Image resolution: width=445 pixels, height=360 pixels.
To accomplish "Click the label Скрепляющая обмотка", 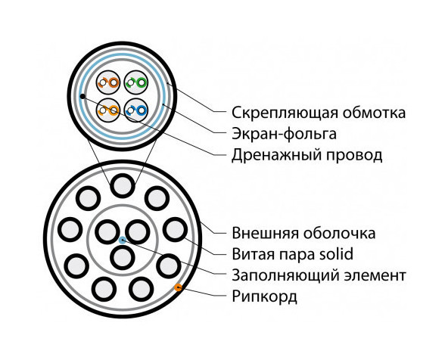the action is tap(319, 113).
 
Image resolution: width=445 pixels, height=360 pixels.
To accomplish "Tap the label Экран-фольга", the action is tap(284, 134).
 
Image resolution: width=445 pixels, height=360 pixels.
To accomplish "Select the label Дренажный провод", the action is tap(307, 155).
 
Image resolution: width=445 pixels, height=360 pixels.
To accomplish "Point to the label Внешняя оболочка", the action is tap(303, 233).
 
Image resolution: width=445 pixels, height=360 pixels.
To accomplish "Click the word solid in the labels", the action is tap(336, 253).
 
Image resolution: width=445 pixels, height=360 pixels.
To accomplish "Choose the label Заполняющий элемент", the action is tap(319, 275).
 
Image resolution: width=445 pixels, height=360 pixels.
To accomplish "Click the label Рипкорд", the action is tap(265, 296).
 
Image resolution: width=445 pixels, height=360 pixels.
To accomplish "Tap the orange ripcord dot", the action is tap(179, 287).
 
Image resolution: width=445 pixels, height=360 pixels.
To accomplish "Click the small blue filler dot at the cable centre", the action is tap(123, 240).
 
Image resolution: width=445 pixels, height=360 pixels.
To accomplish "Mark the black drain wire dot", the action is tap(82, 97).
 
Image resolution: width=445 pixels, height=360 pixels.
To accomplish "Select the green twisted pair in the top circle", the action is tap(136, 83).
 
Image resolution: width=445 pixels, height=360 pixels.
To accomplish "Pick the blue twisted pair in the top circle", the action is tap(136, 110).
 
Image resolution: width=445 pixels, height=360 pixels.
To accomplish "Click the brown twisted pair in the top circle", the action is tap(108, 83).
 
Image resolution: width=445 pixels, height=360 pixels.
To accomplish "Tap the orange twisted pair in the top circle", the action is tap(108, 110).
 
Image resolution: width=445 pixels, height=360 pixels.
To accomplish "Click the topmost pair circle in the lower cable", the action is tap(123, 186).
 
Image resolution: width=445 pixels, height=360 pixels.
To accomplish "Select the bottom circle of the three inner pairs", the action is tap(123, 258).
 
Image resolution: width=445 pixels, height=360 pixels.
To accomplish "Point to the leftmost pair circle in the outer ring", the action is tap(70, 230).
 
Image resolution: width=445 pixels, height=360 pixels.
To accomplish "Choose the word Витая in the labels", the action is tap(253, 254).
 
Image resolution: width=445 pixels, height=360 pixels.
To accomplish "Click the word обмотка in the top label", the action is tap(374, 113).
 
